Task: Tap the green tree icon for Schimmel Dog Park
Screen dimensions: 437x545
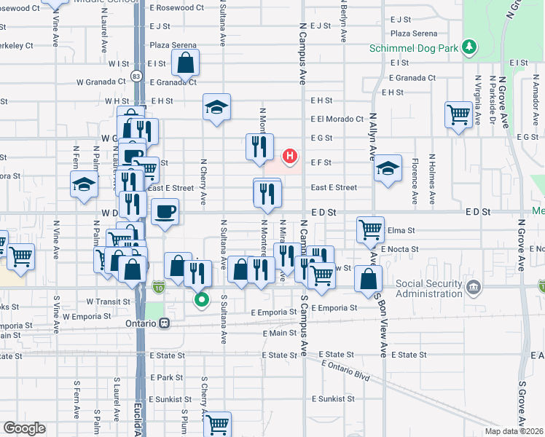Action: (x=471, y=47)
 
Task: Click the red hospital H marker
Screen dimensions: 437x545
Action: (x=290, y=156)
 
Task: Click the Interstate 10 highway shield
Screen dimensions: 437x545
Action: (x=159, y=288)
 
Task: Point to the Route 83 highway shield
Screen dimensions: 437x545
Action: (x=136, y=75)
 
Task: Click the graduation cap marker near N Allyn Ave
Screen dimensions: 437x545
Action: (x=388, y=168)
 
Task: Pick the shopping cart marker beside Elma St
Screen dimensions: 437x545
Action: (x=370, y=229)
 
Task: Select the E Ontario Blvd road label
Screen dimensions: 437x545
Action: (x=345, y=371)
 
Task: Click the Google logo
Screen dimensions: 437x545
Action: (x=25, y=428)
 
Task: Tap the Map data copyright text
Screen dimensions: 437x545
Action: (x=514, y=431)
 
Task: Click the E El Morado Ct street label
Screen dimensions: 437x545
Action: (x=336, y=119)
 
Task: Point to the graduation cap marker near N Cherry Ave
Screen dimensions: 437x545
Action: (x=216, y=107)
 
